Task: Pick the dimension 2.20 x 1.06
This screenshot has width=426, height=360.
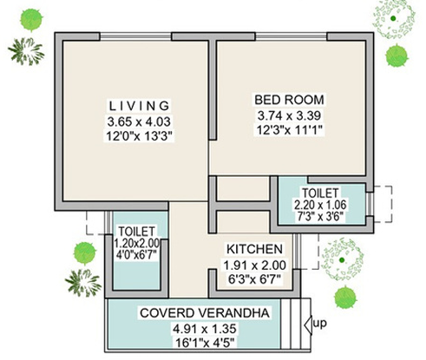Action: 321,205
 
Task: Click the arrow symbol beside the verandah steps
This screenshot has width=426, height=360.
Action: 309,325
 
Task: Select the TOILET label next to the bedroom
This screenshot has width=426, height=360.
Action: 321,192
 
